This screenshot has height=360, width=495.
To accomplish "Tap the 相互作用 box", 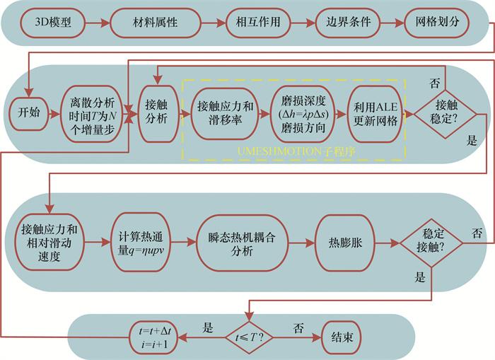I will click(257, 22).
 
